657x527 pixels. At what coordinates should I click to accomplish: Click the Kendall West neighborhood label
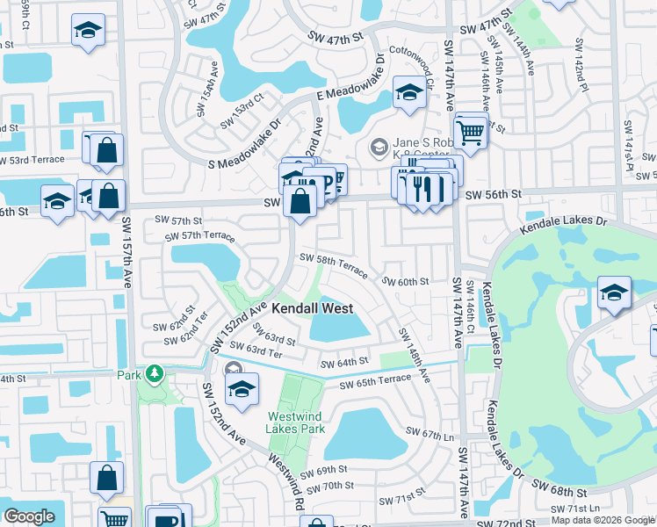click(312, 308)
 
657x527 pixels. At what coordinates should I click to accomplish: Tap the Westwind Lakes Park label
click(297, 422)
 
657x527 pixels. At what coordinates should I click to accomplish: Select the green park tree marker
click(155, 375)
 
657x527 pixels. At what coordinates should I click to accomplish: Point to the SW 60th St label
click(404, 282)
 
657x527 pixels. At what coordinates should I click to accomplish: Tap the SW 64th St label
click(343, 363)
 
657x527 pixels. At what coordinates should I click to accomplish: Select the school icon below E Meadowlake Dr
click(409, 92)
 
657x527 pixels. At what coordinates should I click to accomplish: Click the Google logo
click(29, 516)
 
